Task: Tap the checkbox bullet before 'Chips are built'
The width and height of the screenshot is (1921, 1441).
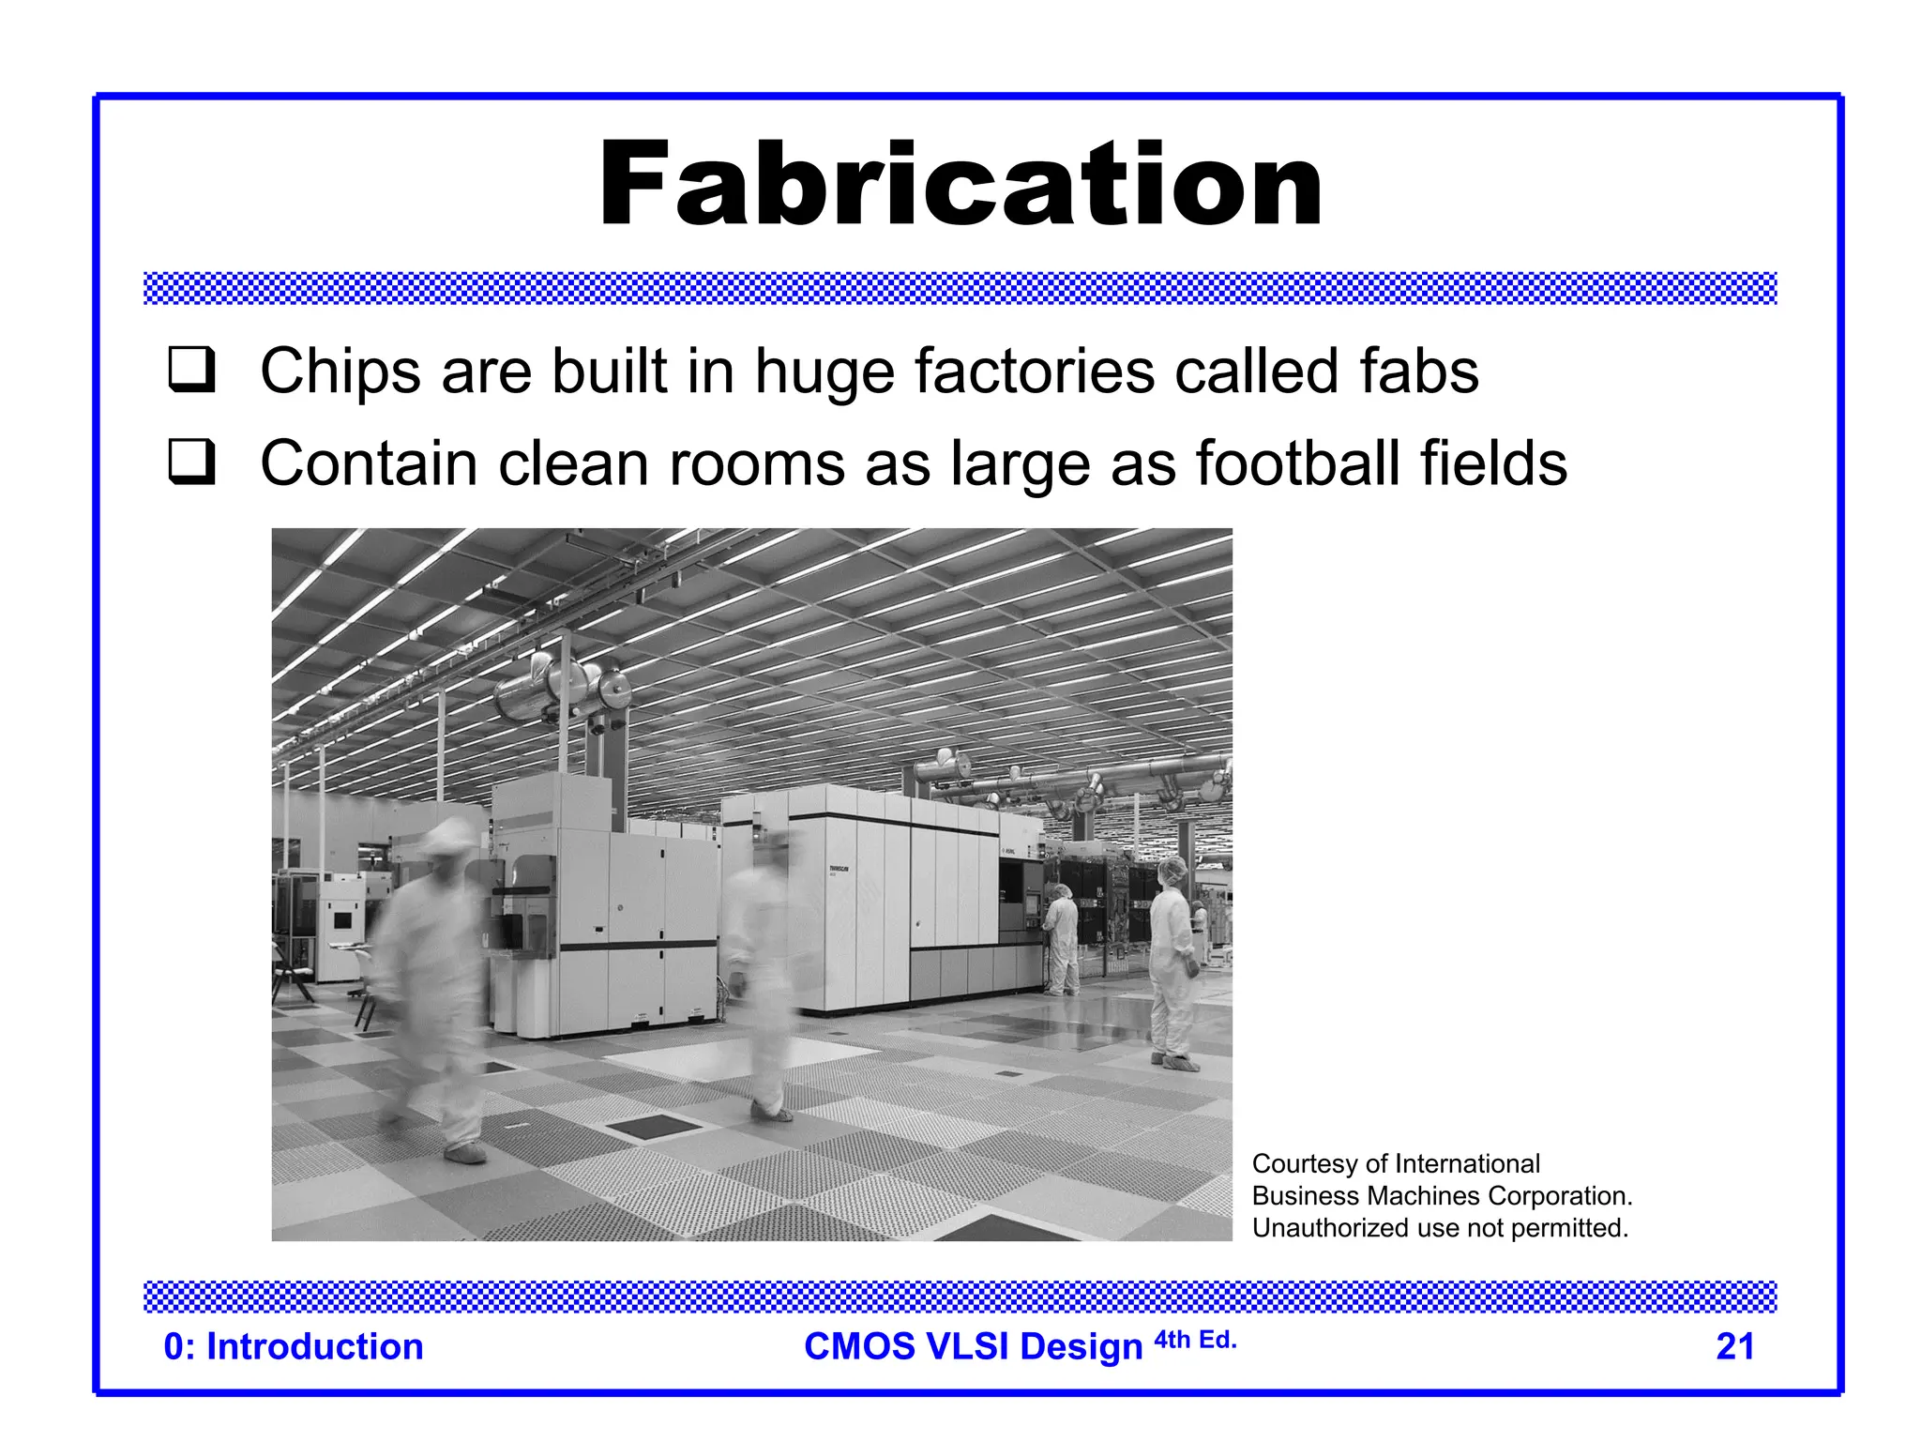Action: coord(191,370)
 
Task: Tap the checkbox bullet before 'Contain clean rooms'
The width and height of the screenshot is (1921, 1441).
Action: coord(191,462)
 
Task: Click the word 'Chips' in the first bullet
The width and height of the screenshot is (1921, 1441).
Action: coord(340,372)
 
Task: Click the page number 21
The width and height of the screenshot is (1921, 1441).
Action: coord(1734,1346)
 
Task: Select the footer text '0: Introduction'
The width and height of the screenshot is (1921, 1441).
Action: coord(294,1346)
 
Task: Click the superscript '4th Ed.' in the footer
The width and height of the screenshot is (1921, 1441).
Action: coord(1195,1340)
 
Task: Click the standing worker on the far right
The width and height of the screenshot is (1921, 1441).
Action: coord(1172,966)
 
